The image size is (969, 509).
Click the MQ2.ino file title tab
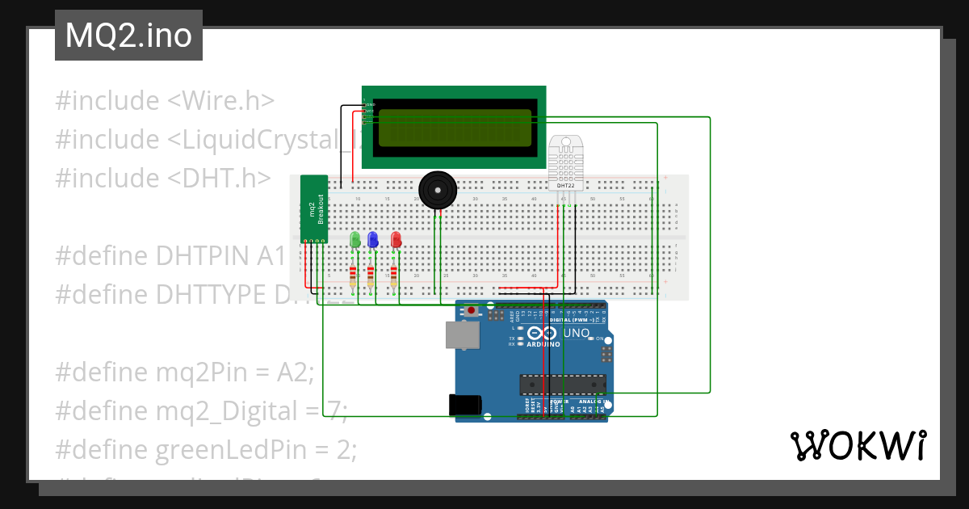128,36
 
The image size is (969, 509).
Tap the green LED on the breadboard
354,239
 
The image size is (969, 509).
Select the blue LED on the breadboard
372,239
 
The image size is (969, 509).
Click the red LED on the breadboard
396,239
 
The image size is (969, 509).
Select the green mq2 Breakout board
314,208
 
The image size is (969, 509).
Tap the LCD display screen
455,128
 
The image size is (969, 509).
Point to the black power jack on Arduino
465,404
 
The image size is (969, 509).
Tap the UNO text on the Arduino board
576,333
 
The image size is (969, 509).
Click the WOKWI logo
858,444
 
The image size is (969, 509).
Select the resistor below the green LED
353,277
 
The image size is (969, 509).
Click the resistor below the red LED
394,277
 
